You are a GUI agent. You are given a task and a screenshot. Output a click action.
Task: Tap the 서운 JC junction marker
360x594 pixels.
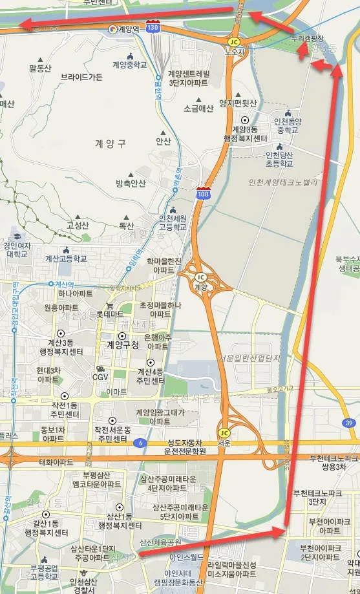pyautogui.click(x=224, y=432)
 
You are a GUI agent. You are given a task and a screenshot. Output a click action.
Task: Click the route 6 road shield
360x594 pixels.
pyautogui.click(x=140, y=443)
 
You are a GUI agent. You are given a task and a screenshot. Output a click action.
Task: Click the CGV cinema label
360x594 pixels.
pyautogui.click(x=100, y=376)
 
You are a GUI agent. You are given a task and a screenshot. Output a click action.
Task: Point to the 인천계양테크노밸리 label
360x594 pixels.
pyautogui.click(x=283, y=183)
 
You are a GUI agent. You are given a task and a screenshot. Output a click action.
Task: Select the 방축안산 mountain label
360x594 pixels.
pyautogui.click(x=131, y=184)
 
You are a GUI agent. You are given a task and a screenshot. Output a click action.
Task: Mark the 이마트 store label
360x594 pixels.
pyautogui.click(x=116, y=392)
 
